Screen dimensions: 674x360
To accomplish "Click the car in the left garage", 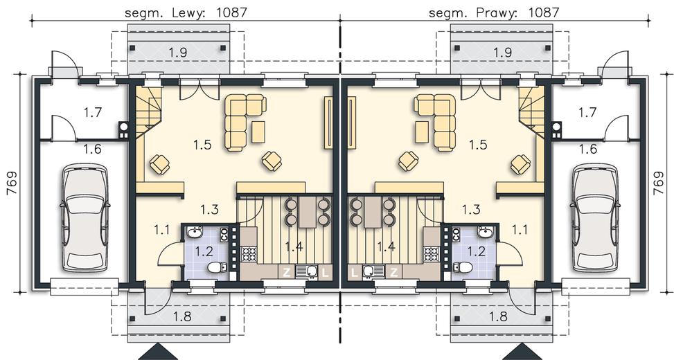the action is pos(85,218).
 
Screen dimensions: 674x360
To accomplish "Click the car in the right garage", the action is pos(595,218).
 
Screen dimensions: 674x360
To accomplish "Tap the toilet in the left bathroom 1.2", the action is pos(217,268).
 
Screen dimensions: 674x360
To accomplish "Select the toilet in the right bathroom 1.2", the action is pos(463,268).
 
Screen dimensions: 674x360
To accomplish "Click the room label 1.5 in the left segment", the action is pos(202,145).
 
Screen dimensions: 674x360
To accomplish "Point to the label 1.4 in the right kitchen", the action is pos(386,246).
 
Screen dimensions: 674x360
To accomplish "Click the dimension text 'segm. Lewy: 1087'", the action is pos(186,12).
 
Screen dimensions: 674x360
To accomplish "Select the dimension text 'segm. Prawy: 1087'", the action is pos(495,12).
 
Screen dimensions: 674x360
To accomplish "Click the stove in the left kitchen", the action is pos(249,253).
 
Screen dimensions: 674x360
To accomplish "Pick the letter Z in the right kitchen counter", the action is pos(393,272).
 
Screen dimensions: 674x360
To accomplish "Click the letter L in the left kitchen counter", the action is pos(325,272).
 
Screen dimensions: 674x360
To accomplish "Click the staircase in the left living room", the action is pos(149,113).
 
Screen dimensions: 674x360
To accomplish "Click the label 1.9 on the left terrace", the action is pos(178,53).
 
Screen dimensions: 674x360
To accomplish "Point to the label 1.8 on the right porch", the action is pos(499,316).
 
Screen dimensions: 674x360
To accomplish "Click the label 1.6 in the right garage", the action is pos(587,149).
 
